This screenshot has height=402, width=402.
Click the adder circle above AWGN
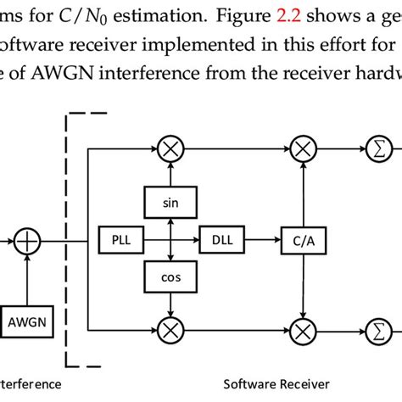click(27, 241)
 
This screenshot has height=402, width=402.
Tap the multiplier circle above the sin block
click(171, 150)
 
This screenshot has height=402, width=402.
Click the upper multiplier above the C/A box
click(302, 150)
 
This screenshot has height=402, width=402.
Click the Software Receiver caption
click(272, 383)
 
